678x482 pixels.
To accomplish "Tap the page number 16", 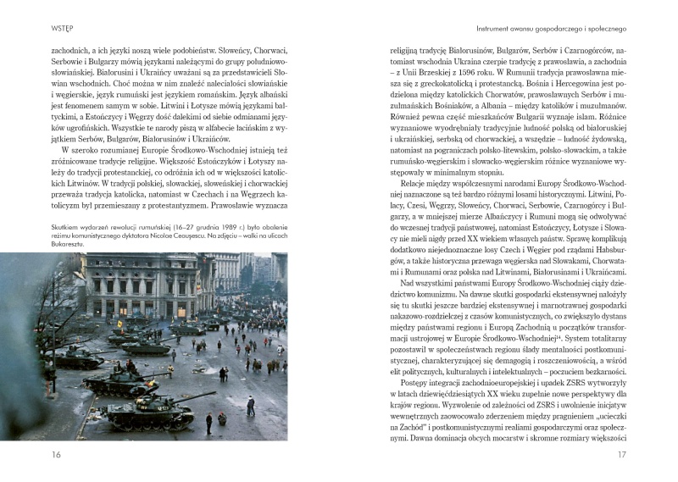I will (57, 455).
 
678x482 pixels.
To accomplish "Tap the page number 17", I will (621, 455).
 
